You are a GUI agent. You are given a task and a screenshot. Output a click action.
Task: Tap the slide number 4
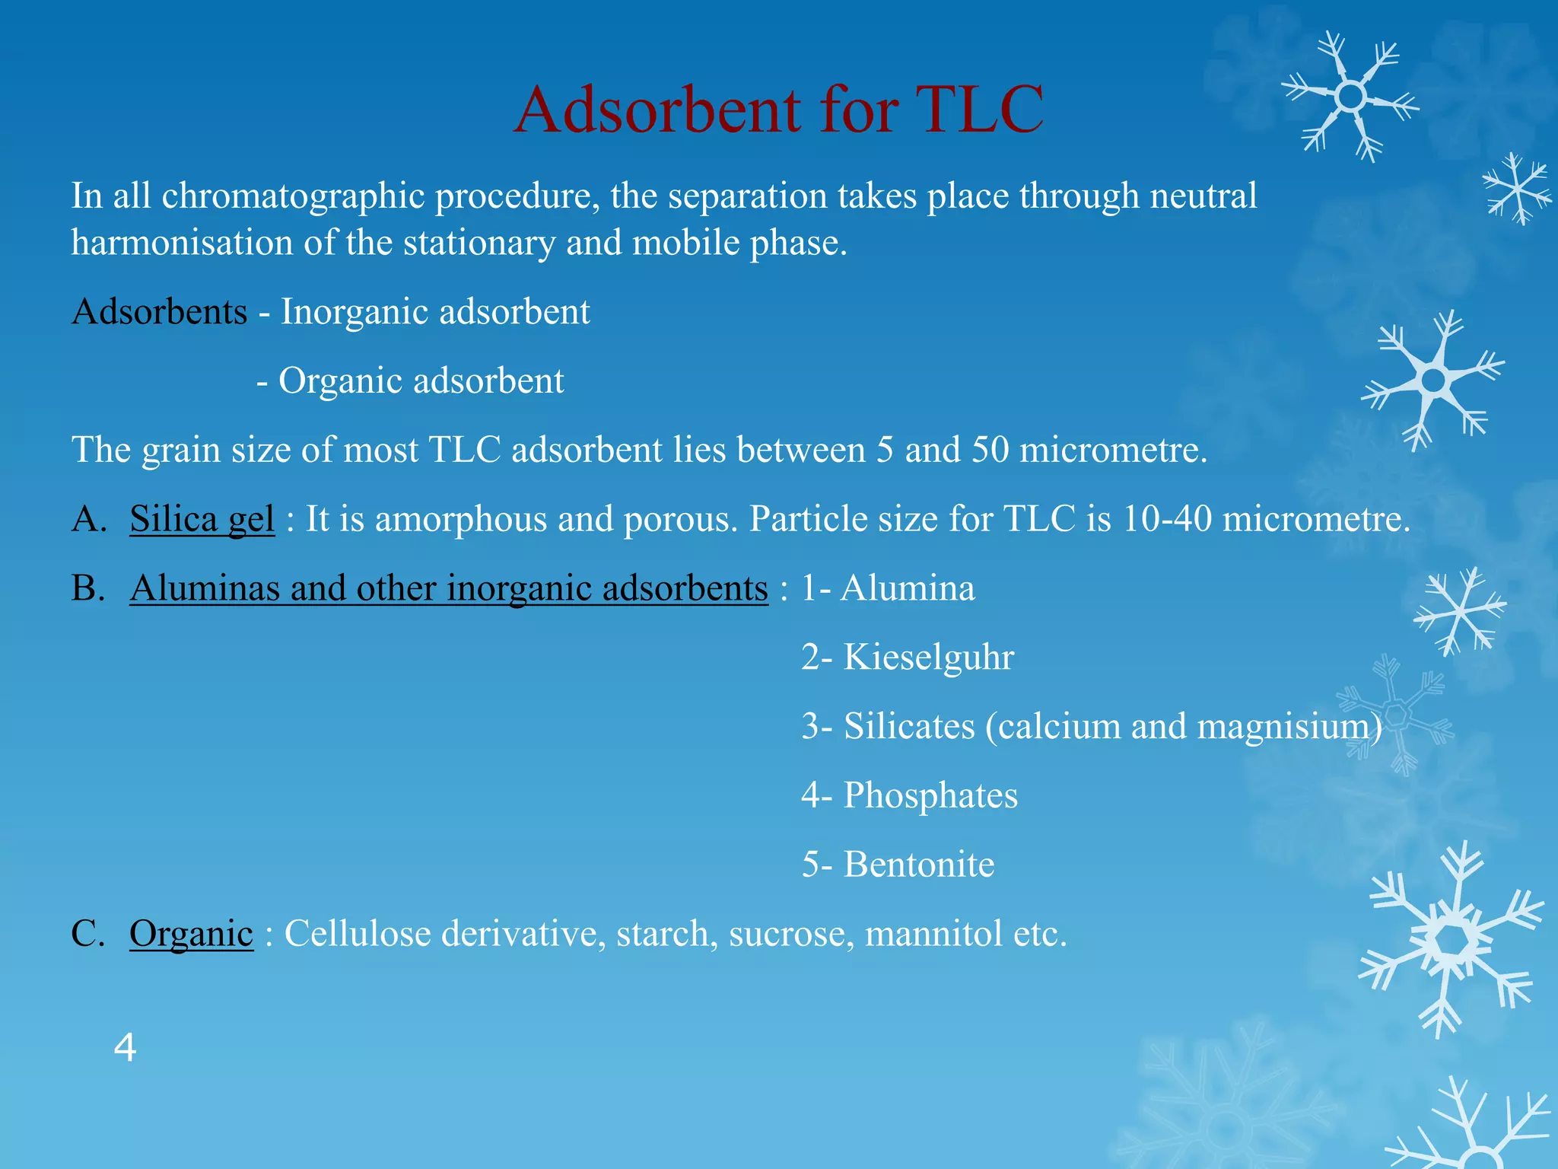[125, 1047]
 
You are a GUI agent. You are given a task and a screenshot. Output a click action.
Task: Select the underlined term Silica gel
[202, 519]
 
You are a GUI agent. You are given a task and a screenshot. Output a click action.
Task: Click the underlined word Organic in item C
[191, 934]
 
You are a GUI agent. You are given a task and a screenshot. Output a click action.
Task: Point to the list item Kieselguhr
[928, 658]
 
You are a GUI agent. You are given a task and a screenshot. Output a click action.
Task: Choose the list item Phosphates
[930, 796]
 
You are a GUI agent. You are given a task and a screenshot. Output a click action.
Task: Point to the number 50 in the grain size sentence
[990, 450]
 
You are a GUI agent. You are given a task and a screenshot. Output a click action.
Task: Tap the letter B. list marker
[87, 588]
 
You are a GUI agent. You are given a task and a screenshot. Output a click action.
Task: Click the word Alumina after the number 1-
[907, 588]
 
